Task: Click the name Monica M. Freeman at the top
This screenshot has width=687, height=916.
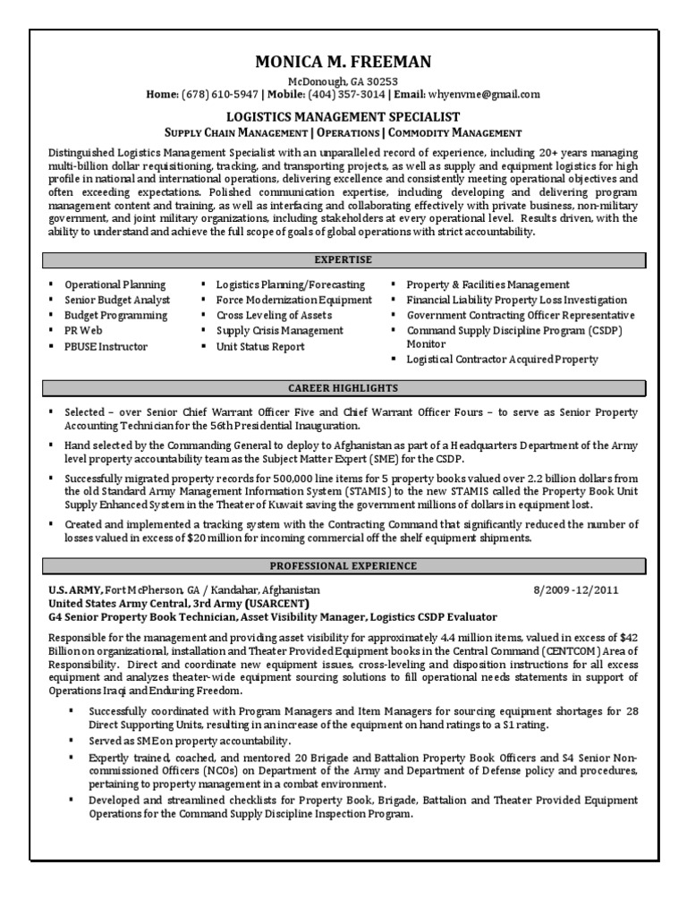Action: click(x=343, y=62)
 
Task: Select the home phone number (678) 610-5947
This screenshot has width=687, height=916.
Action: click(x=220, y=94)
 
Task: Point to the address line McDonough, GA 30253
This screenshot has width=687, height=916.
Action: click(x=343, y=81)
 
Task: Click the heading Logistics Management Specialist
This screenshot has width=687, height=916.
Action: click(x=343, y=116)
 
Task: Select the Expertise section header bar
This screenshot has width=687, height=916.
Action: click(x=343, y=260)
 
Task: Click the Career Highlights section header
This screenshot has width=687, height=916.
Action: click(x=343, y=389)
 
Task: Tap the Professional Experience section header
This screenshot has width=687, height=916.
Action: click(x=343, y=566)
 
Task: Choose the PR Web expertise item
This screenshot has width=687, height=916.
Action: click(x=83, y=331)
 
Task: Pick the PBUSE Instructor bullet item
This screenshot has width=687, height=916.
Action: click(x=106, y=346)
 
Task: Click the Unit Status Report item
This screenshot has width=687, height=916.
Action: click(x=260, y=346)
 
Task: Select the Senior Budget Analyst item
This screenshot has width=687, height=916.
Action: click(x=116, y=301)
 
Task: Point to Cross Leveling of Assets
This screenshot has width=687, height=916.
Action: click(x=274, y=316)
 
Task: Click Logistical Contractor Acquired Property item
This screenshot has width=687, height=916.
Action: click(x=502, y=359)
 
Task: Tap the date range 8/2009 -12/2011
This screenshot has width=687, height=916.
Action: click(x=575, y=591)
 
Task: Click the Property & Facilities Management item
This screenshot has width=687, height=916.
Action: click(x=488, y=284)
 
